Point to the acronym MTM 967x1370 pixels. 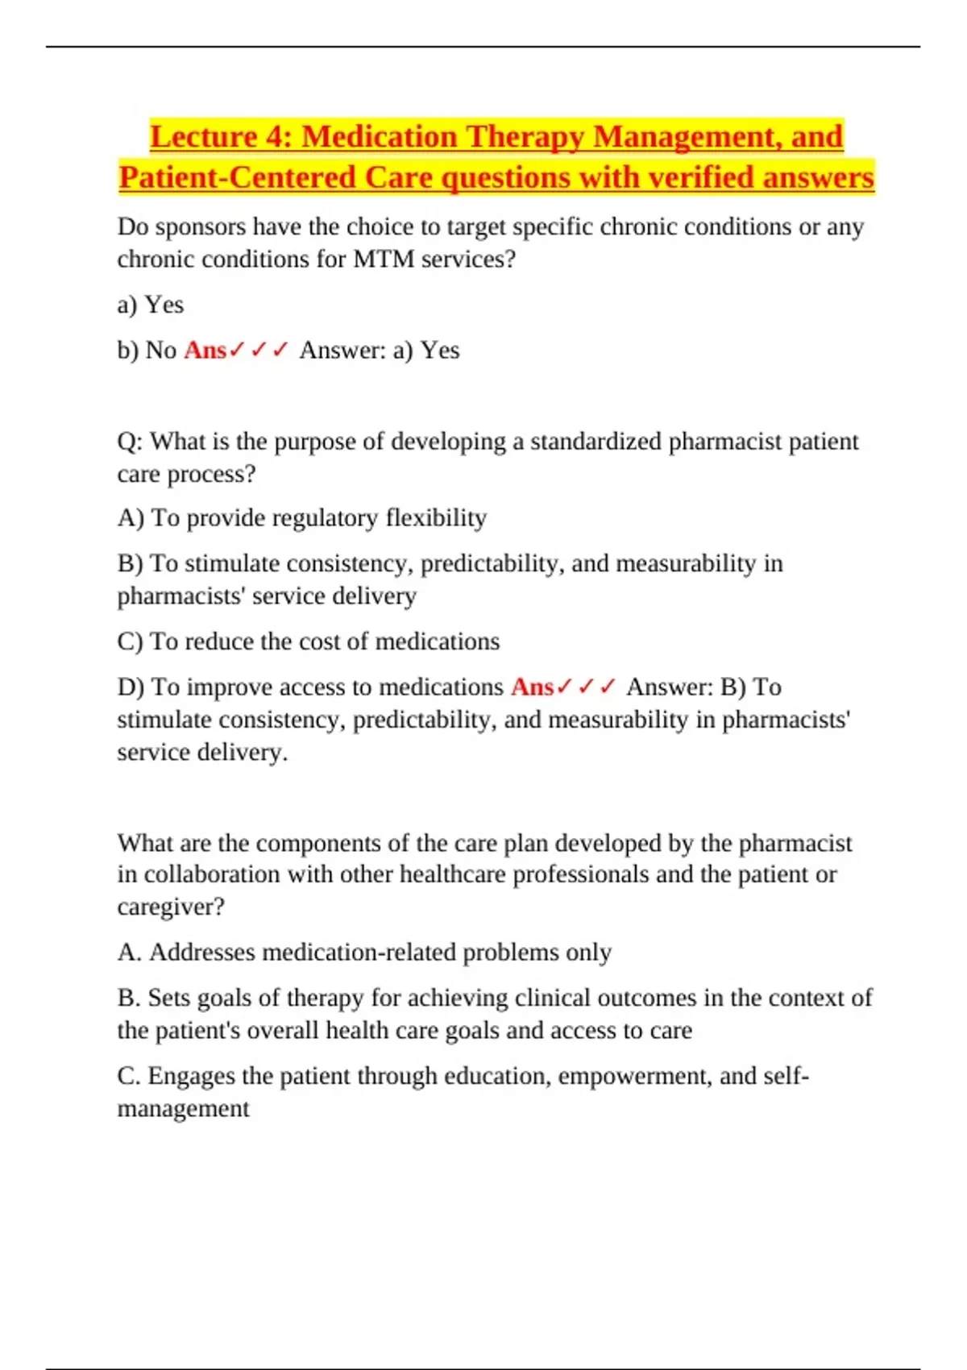click(x=384, y=259)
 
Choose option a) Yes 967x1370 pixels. click(x=151, y=305)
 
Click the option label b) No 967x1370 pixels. click(x=147, y=351)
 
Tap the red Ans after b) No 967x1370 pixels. click(x=205, y=351)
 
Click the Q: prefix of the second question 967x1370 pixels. click(x=130, y=442)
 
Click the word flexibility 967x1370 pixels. click(x=436, y=517)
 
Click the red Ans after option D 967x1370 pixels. click(x=532, y=687)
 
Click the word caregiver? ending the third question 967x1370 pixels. click(x=171, y=907)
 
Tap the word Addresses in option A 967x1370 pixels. click(x=201, y=953)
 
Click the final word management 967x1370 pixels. click(x=183, y=1109)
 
